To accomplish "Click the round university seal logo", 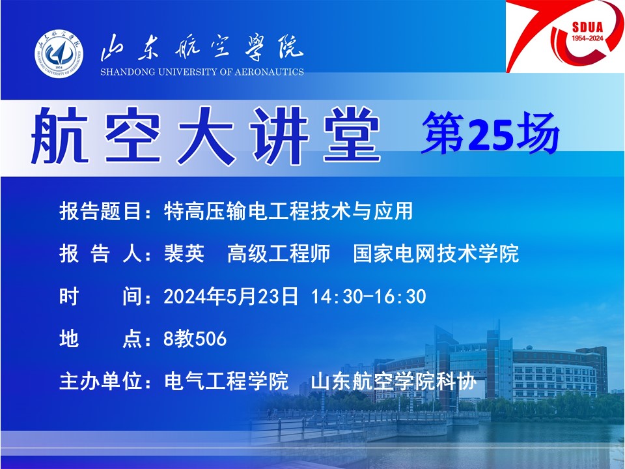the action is (x=59, y=53).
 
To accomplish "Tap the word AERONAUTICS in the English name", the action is (x=269, y=72).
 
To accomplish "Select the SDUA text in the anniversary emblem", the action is (x=587, y=27).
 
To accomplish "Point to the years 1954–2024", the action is (x=587, y=38).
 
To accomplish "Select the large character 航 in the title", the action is (x=60, y=134).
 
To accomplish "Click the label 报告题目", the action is (x=100, y=211).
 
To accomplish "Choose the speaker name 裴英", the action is (x=184, y=253).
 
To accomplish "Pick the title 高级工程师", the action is (x=279, y=253).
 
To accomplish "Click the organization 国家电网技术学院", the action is (x=436, y=253).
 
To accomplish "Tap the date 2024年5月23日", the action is (x=230, y=296).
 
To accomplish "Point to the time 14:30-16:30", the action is (x=368, y=297).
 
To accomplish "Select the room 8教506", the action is (x=195, y=339).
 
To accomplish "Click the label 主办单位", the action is (x=100, y=381).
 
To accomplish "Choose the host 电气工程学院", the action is (x=226, y=381).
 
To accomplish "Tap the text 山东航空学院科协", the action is (x=394, y=381).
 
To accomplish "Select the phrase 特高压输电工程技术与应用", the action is (x=288, y=211).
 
